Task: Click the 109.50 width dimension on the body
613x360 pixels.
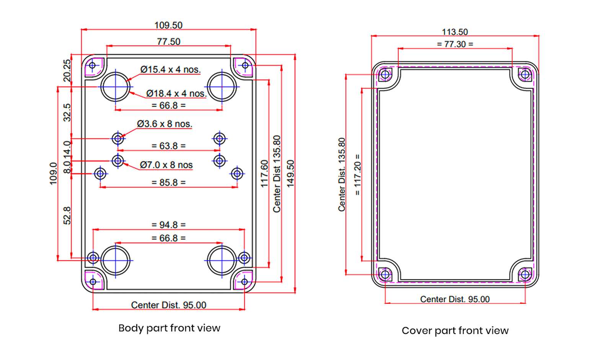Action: tap(168, 25)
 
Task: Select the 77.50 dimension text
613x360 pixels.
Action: tap(168, 41)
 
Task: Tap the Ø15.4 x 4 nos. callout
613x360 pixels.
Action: tap(170, 70)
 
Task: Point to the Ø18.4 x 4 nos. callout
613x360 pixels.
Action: tap(176, 93)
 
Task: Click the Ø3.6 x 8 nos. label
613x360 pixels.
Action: tap(165, 124)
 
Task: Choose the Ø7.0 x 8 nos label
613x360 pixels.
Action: tap(166, 165)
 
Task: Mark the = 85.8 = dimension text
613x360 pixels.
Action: tap(168, 182)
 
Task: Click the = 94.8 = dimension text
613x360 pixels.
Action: tap(168, 225)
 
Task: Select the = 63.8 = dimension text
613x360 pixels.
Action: tap(168, 146)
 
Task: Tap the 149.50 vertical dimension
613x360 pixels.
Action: tap(291, 174)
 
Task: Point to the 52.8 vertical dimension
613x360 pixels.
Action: tap(67, 215)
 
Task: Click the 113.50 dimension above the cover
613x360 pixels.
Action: tap(455, 32)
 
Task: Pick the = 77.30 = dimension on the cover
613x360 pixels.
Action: tap(455, 44)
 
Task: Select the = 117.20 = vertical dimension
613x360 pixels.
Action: tap(357, 174)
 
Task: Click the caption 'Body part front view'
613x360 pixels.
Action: tap(169, 328)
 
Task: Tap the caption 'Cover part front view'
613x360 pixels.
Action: tap(455, 331)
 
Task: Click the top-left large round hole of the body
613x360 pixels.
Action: tap(116, 87)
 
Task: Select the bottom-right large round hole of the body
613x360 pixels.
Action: tap(222, 261)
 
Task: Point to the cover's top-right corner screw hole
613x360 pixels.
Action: tap(525, 74)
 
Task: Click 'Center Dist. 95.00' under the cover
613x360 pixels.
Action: tap(455, 299)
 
